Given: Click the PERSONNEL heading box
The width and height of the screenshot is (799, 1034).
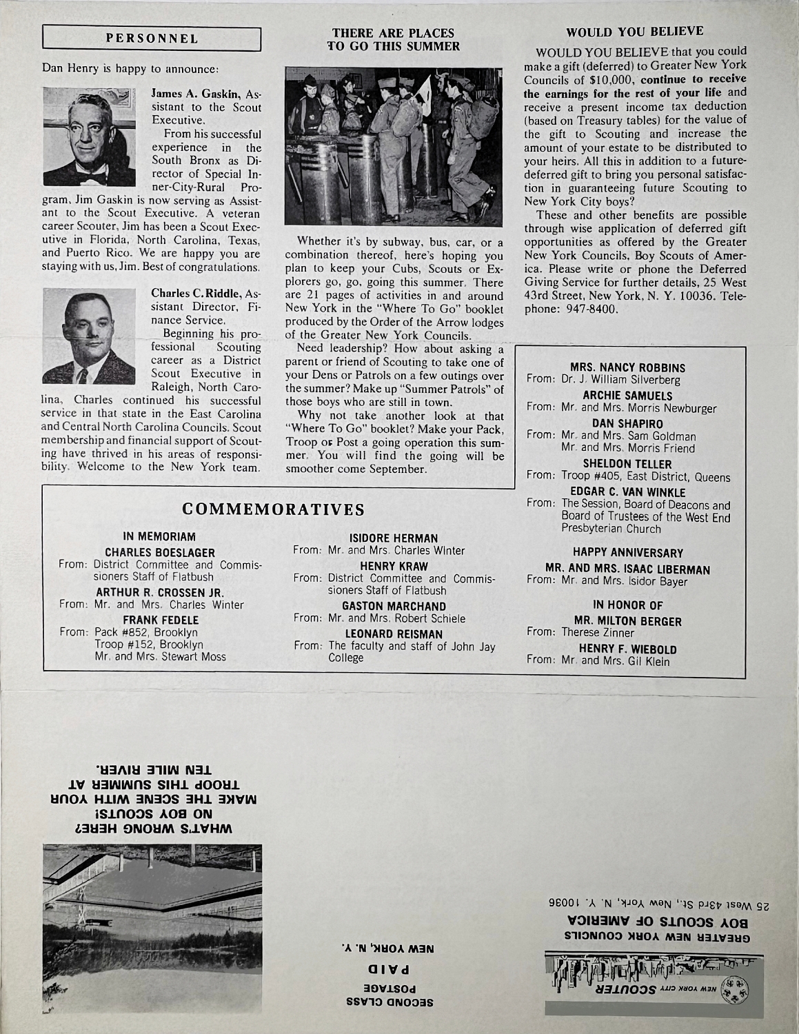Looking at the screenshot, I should [x=152, y=39].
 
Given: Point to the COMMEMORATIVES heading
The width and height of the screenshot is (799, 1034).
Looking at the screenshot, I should [x=273, y=510].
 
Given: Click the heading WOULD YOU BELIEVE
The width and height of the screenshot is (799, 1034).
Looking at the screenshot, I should [x=634, y=32].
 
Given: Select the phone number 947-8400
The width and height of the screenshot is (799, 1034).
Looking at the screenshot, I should [x=586, y=310].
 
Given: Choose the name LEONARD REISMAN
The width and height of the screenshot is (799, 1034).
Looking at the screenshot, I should [x=394, y=633].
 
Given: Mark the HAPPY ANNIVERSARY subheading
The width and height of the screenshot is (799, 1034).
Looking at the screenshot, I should [x=628, y=553].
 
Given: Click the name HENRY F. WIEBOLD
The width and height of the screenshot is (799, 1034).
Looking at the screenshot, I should [x=627, y=649].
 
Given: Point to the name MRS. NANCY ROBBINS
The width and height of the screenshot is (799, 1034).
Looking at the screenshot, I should [x=628, y=368].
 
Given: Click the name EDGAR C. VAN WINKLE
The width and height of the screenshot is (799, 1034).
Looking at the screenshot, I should [x=628, y=492].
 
